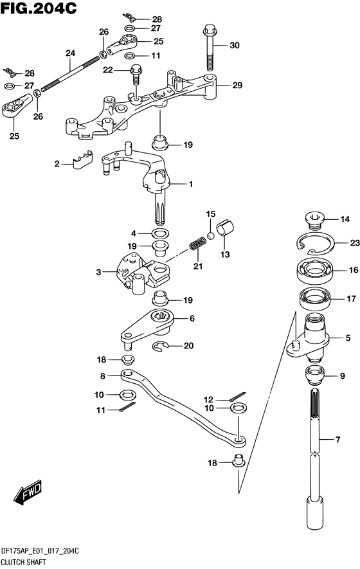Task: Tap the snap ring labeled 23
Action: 315,243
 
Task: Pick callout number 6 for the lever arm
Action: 192,318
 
